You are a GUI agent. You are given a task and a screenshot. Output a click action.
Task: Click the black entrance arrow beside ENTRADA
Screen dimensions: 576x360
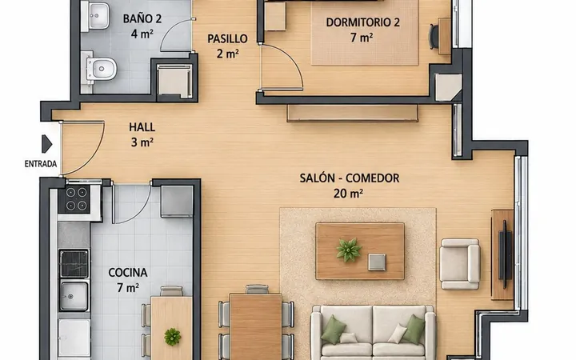pos(46,144)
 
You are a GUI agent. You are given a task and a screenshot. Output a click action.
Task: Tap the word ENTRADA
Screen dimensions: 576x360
pos(41,164)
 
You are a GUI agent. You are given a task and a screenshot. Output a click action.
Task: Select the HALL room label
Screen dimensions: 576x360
pos(142,127)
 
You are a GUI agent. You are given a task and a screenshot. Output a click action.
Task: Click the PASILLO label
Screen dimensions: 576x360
pos(227,38)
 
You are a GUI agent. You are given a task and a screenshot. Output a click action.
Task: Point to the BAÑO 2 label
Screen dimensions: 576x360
pos(142,18)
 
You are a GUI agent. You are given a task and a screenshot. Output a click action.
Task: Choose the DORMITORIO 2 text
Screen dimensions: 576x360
pos(362,22)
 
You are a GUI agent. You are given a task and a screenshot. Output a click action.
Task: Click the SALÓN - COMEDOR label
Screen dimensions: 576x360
pos(350,178)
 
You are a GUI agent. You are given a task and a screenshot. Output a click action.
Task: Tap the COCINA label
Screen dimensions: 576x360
pos(128,273)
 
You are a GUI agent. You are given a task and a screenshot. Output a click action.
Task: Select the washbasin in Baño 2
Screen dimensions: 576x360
pos(96,16)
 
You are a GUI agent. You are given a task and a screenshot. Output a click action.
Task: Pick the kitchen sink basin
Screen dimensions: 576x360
pos(74,296)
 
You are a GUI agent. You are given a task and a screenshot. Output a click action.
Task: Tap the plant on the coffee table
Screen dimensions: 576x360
pos(349,250)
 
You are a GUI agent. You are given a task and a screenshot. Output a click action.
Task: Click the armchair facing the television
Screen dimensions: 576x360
pos(459,264)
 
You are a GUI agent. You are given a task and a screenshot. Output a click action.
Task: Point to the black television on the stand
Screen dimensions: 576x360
pos(505,254)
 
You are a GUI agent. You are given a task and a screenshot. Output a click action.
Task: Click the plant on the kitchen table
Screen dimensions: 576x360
pos(172,337)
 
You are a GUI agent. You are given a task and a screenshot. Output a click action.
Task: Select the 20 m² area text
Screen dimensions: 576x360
pos(348,194)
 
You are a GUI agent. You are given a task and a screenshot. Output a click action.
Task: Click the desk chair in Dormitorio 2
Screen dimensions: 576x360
pos(434,36)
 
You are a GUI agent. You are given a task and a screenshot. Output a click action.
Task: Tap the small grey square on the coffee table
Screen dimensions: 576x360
pos(377,262)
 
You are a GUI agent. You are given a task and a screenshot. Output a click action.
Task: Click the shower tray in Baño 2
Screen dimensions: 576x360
pos(174,81)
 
